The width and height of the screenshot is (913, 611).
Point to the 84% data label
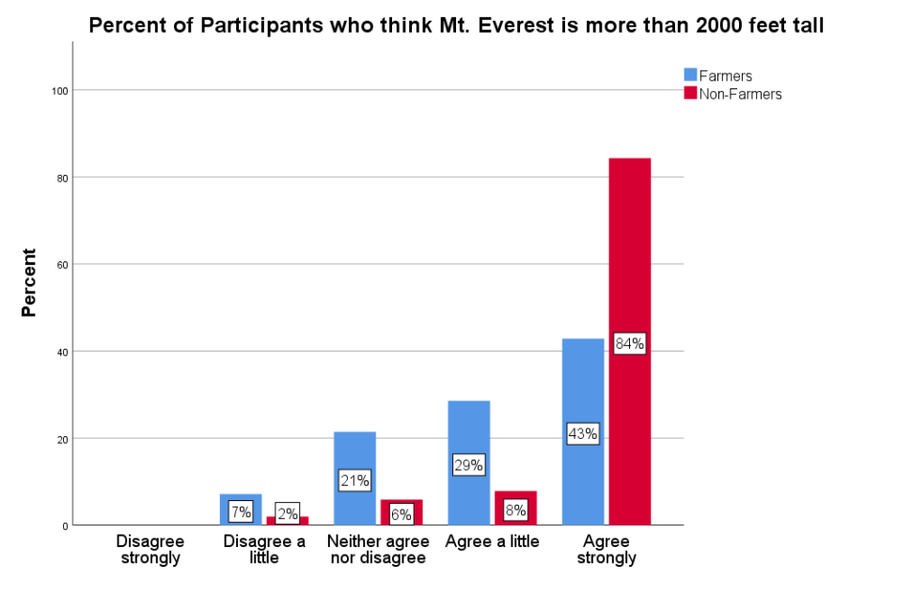(629, 344)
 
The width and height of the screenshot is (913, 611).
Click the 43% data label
(582, 434)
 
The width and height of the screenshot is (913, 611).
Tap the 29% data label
(468, 465)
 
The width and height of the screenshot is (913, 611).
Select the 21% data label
(354, 480)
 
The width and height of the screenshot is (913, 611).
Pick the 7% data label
(241, 512)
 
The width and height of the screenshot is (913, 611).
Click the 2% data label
(288, 514)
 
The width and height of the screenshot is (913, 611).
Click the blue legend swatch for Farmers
(690, 75)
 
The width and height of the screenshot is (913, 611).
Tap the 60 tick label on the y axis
(62, 264)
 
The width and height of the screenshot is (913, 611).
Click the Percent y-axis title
(29, 282)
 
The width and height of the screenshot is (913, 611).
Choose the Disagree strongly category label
(150, 550)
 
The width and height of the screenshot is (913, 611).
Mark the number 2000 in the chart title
(722, 26)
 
